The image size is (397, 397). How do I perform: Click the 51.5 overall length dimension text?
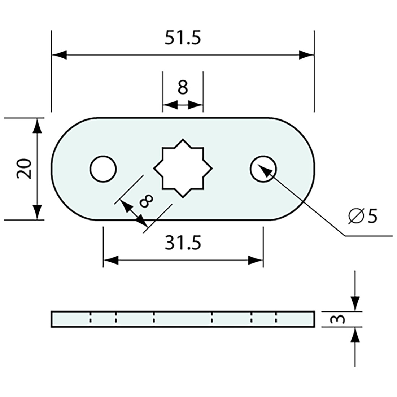[183, 38]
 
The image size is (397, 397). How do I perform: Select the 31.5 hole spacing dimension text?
[183, 243]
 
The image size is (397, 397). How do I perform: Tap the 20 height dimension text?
[26, 169]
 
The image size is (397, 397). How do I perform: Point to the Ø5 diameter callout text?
[363, 216]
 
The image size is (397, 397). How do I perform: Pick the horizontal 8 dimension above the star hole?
[183, 87]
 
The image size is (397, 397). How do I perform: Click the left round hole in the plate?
[103, 169]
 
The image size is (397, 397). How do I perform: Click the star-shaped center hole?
[183, 168]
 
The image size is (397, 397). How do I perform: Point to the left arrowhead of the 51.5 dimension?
[60, 55]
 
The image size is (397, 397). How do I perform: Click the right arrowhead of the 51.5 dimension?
[306, 55]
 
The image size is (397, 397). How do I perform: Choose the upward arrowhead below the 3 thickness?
[356, 335]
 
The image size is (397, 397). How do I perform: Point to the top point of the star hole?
[183, 139]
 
